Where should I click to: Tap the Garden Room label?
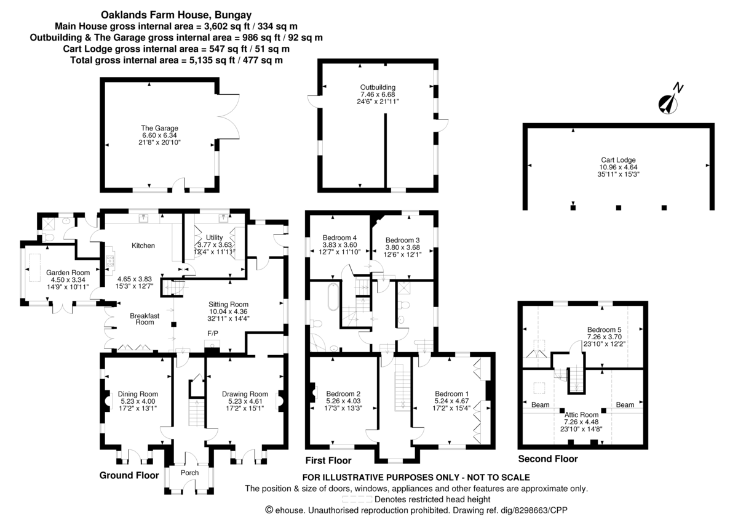point(68,272)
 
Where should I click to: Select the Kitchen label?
point(143,246)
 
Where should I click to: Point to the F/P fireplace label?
point(213,334)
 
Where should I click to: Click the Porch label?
point(189,473)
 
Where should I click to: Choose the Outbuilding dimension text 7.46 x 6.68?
point(378,94)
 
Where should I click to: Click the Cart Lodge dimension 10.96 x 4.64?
point(619,167)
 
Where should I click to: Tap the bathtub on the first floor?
point(333,297)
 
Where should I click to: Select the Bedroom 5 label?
point(604,329)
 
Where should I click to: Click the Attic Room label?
point(581,414)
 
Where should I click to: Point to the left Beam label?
point(541,404)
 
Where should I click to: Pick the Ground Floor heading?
point(129,475)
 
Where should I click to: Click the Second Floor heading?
point(548,459)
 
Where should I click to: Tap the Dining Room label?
point(138,394)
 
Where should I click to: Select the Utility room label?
point(214,238)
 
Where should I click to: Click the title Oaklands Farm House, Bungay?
point(176,15)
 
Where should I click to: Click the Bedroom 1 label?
point(451,394)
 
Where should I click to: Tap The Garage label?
point(159,128)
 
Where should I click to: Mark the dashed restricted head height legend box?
point(357,499)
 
